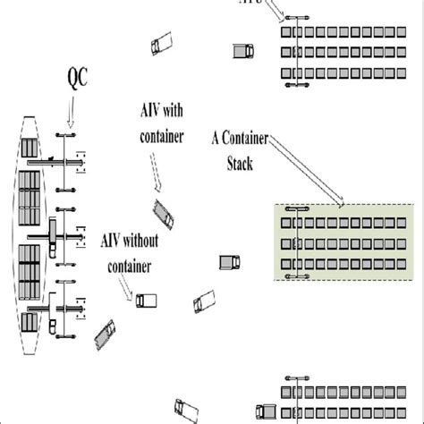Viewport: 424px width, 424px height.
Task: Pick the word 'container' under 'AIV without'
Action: coord(129,266)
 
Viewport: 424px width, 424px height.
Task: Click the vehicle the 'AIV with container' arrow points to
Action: coord(165,211)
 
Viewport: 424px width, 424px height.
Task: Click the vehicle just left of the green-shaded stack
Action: coord(230,262)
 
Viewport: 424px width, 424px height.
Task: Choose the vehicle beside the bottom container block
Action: coord(266,411)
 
